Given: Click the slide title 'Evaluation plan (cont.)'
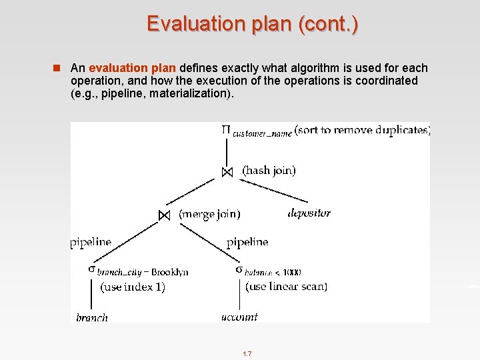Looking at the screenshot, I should point(253,24).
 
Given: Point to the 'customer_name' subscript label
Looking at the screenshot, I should point(262,133).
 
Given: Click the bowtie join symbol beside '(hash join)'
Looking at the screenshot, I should point(227,172).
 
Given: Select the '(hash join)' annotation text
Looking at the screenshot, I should point(269,171).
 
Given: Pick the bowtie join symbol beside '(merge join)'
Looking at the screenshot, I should point(164,215).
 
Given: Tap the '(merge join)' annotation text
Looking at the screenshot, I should point(209,214).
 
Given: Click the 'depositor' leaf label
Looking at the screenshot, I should point(309,213).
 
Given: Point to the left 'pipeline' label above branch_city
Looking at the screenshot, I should point(91,243).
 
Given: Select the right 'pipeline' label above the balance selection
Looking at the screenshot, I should point(247,243).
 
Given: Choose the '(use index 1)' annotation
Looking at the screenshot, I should point(132,287).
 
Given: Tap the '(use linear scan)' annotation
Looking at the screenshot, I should point(286,287).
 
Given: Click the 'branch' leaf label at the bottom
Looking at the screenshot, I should point(92,317).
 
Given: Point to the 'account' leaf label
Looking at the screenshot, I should point(239,317).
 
